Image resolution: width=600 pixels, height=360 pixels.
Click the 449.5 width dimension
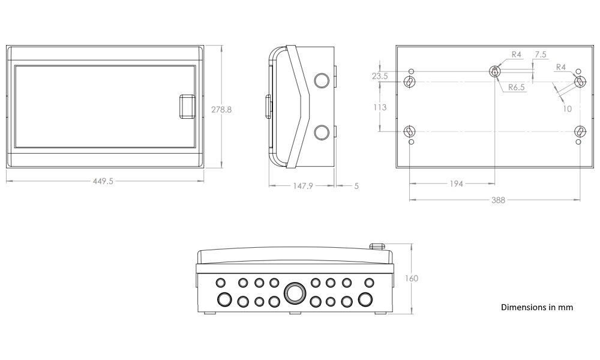tap(103, 181)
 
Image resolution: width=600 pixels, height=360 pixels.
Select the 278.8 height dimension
tap(221, 109)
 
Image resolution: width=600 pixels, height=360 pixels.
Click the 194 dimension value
tap(456, 184)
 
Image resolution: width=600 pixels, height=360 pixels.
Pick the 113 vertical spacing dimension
tap(379, 107)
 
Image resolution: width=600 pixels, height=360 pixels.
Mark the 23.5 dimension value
tap(379, 76)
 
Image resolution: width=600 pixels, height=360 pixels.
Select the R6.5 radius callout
tap(517, 88)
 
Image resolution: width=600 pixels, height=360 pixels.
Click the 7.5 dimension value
tap(540, 55)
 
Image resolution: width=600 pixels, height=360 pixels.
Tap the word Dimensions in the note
tap(522, 307)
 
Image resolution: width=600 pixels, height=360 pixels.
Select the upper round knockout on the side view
tap(322, 82)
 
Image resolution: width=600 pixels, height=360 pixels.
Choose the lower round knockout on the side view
tap(322, 132)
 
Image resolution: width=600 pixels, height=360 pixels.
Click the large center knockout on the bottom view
tap(294, 293)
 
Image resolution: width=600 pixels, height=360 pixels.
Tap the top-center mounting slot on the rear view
tap(494, 71)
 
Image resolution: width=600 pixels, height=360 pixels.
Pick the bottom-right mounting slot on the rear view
tap(580, 131)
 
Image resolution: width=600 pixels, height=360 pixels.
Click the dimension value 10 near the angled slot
tap(567, 108)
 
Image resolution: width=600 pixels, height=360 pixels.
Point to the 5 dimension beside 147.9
tap(356, 186)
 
